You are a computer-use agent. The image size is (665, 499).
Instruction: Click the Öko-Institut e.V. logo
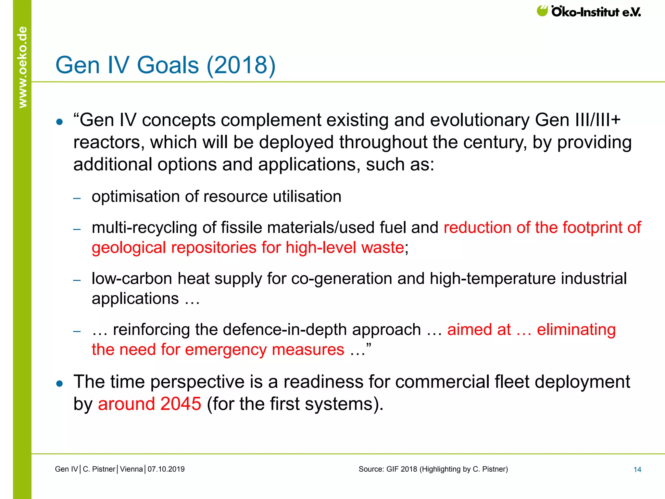tap(588, 12)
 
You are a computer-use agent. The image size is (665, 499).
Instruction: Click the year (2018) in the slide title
tap(241, 65)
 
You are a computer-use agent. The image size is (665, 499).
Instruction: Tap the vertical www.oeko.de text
tap(22, 67)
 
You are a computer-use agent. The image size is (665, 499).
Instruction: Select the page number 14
tap(637, 469)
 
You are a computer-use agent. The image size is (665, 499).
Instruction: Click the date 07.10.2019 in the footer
tap(166, 469)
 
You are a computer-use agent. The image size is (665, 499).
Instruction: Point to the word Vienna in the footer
tap(131, 469)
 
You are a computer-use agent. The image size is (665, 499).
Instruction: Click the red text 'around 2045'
tap(149, 404)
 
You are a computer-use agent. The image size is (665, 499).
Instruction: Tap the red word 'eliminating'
tap(576, 329)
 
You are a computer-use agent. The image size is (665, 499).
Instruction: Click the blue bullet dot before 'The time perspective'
tap(59, 384)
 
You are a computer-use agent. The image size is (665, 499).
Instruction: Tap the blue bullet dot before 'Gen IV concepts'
tap(59, 122)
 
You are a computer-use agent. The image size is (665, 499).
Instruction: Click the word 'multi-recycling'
tap(144, 227)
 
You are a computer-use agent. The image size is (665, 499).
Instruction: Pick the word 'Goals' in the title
tap(168, 65)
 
